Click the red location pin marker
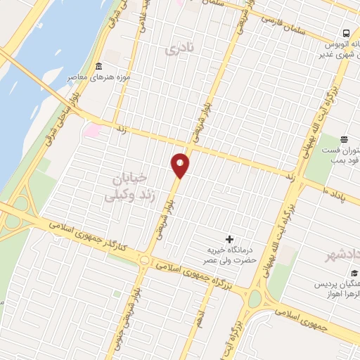180,165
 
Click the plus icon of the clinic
229,239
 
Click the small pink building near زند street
92,129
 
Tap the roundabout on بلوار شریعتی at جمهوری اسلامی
145,260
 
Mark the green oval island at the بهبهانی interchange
255,300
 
